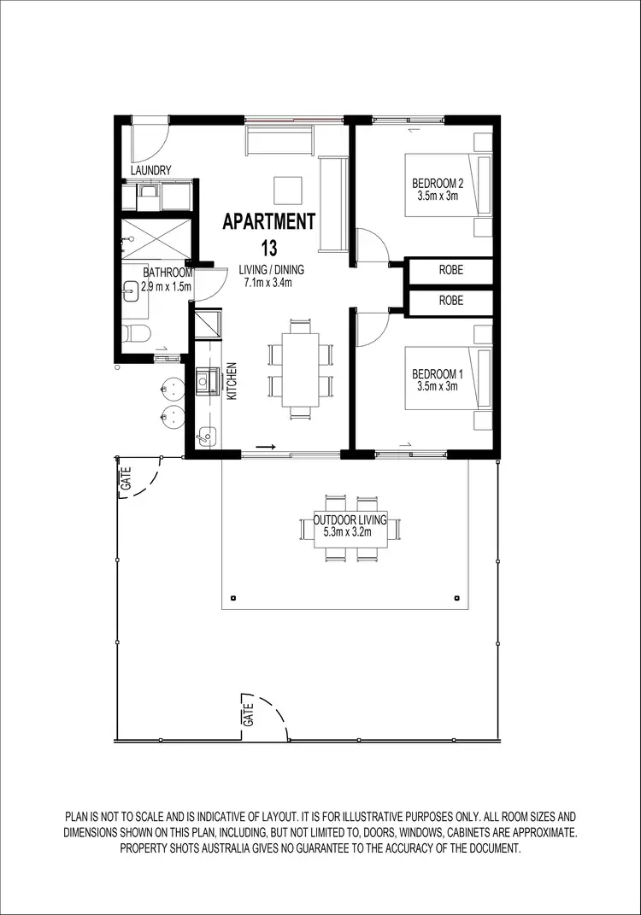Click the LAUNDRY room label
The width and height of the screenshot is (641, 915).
pyautogui.click(x=151, y=171)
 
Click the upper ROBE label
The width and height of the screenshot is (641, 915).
pyautogui.click(x=450, y=270)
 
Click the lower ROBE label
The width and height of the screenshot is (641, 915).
pyautogui.click(x=450, y=301)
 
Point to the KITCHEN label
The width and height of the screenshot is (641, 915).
pyautogui.click(x=231, y=382)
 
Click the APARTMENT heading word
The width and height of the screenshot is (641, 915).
pyautogui.click(x=268, y=221)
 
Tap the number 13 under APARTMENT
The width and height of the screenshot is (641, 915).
pyautogui.click(x=268, y=249)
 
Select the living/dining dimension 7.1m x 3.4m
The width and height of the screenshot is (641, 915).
pyautogui.click(x=268, y=283)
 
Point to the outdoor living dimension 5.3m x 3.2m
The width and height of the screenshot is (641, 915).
pyautogui.click(x=350, y=532)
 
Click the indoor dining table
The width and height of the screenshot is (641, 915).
pyautogui.click(x=300, y=368)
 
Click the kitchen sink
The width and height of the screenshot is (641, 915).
pyautogui.click(x=206, y=381)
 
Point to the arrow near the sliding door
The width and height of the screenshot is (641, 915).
pyautogui.click(x=266, y=446)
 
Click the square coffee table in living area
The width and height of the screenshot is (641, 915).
pyautogui.click(x=286, y=188)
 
